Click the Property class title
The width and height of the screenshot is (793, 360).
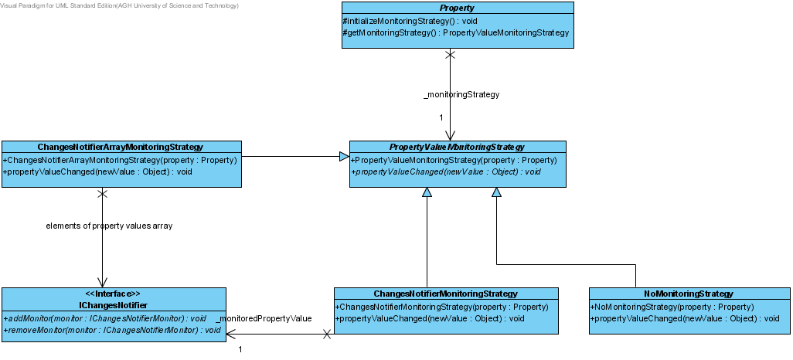click(x=458, y=8)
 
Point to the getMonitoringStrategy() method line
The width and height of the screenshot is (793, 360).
click(x=456, y=33)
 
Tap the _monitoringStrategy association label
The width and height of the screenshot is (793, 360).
click(x=461, y=94)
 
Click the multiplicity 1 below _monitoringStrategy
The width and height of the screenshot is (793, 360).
click(x=441, y=117)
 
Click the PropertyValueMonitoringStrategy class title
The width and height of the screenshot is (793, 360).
click(x=457, y=147)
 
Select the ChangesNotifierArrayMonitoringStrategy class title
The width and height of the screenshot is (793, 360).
click(x=121, y=147)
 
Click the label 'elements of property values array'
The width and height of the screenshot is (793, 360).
click(x=109, y=226)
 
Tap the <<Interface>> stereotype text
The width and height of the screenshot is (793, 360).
click(x=114, y=294)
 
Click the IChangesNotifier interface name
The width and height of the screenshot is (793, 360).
click(x=114, y=305)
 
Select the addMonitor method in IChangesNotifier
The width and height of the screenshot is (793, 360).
click(x=104, y=318)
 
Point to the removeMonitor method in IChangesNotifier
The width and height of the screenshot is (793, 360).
click(x=112, y=330)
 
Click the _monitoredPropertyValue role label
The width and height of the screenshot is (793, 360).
click(x=264, y=318)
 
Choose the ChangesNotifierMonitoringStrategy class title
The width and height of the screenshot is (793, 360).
click(x=445, y=294)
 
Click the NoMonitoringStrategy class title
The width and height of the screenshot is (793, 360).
click(x=689, y=294)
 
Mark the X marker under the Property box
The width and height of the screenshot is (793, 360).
click(x=450, y=54)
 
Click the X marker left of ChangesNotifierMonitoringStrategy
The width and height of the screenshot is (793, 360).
click(x=327, y=334)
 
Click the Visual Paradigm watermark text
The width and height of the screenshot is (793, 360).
click(x=119, y=5)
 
